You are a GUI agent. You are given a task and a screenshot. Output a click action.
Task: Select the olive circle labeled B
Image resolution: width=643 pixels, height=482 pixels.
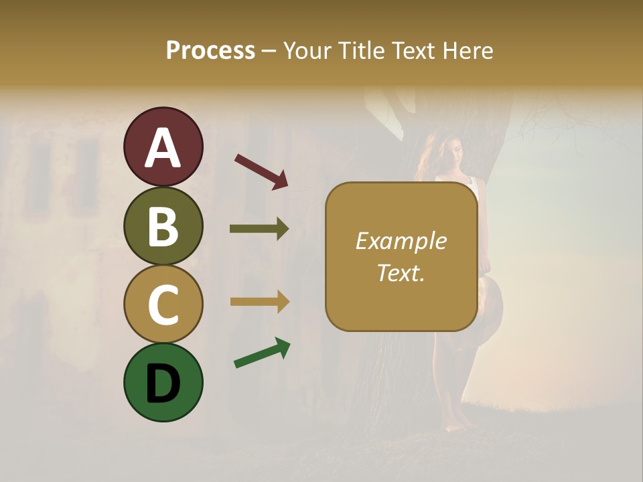click(163, 226)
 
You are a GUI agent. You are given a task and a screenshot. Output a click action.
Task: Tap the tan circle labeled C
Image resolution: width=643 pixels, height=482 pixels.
click(163, 304)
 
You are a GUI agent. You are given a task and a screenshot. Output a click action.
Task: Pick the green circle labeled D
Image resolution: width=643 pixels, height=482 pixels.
click(163, 382)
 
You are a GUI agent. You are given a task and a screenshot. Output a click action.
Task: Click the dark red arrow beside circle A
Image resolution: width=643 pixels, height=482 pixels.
click(261, 171)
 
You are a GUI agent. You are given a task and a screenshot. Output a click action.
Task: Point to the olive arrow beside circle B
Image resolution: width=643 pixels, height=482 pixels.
click(259, 229)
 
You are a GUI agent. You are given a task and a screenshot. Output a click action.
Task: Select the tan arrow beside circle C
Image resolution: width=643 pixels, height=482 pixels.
click(259, 301)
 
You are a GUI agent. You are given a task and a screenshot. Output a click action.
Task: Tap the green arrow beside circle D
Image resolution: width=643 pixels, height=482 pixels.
click(262, 353)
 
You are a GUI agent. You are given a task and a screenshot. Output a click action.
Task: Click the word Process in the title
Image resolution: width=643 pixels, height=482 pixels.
click(210, 50)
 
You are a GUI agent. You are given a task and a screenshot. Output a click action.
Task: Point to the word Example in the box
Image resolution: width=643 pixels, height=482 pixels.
click(401, 241)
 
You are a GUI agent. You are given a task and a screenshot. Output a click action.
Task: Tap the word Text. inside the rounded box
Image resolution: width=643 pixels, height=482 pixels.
click(401, 272)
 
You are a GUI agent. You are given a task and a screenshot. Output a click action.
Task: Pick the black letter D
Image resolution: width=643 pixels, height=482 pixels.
click(163, 384)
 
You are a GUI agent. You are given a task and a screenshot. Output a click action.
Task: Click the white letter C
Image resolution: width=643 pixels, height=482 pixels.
click(163, 305)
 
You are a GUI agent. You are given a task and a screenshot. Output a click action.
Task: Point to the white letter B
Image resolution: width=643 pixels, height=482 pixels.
click(163, 227)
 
